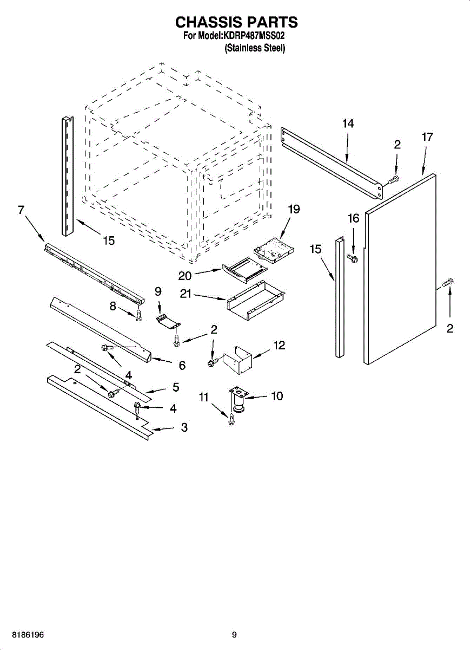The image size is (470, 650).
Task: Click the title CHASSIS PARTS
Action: [x=236, y=22]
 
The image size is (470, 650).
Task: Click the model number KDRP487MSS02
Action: [x=254, y=36]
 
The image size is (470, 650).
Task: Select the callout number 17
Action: [x=427, y=137]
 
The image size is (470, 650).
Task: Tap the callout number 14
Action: [x=348, y=124]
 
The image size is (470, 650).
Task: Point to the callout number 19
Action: [x=294, y=209]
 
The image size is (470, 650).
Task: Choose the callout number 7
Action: [x=21, y=210]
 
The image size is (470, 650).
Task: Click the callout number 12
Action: [x=279, y=345]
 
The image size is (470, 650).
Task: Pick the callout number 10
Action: [x=276, y=396]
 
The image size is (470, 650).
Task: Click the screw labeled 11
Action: [x=231, y=419]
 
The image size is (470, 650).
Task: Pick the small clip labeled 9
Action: [x=168, y=321]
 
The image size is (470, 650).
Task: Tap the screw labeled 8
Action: [x=138, y=314]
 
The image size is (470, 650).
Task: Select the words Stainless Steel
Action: [x=255, y=48]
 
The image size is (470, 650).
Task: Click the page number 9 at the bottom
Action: [x=234, y=635]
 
